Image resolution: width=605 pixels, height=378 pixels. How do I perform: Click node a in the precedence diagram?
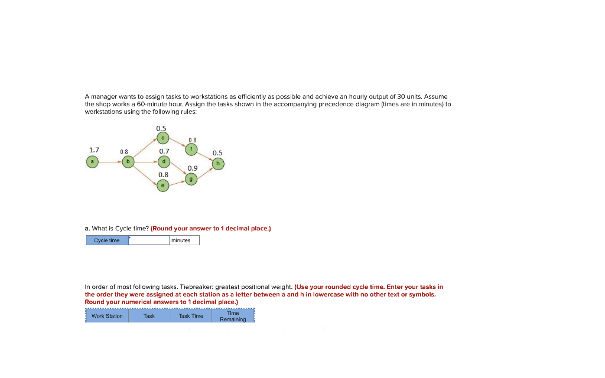pos(92,161)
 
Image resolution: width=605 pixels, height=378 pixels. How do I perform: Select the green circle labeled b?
pos(128,161)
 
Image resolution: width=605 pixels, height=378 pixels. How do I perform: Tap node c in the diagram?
pos(163,138)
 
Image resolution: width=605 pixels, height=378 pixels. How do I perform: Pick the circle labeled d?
pos(164,161)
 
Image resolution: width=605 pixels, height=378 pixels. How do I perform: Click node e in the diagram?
pos(163,185)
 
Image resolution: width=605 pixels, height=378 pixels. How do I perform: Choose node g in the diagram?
pos(191,178)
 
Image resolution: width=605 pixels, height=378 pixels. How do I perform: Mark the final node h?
pos(218,163)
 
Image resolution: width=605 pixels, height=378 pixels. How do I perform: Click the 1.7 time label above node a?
pos(94,150)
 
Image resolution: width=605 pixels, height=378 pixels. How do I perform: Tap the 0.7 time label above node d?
pos(164,151)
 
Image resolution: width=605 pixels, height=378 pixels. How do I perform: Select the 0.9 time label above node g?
pos(193,168)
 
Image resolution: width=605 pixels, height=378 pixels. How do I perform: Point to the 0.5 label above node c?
pos(161,128)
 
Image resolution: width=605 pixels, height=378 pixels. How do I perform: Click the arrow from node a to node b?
pos(110,161)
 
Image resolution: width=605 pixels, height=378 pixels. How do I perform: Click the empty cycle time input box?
pos(149,240)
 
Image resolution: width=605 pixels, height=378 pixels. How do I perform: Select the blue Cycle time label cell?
pos(107,240)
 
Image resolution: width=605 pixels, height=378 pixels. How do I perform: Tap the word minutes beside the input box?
pos(181,240)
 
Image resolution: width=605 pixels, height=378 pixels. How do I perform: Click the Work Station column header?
pos(107,316)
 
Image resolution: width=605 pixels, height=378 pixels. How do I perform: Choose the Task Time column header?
pos(191,316)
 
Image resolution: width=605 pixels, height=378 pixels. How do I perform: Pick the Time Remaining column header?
pos(233,316)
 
